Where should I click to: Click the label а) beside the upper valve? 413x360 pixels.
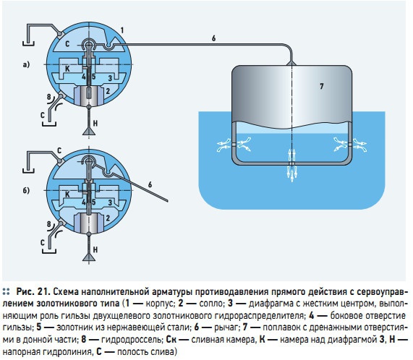(x=26, y=65)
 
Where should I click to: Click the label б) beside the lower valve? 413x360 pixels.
(x=26, y=190)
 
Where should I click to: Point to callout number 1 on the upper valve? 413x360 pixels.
(x=122, y=30)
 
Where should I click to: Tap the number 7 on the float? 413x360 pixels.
(x=322, y=86)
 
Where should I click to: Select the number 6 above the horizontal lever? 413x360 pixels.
(x=213, y=38)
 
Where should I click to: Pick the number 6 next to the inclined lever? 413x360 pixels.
(x=150, y=184)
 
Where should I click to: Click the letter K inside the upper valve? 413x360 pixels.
(x=67, y=69)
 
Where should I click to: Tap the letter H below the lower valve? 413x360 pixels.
(x=95, y=249)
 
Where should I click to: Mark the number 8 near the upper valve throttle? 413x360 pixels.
(x=49, y=97)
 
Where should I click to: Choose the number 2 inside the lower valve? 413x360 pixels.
(x=108, y=218)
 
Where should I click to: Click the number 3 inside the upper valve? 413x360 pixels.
(x=110, y=77)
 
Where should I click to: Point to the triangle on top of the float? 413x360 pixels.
(x=291, y=63)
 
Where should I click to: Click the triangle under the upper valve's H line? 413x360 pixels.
(x=89, y=131)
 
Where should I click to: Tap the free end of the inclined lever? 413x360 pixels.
(x=167, y=201)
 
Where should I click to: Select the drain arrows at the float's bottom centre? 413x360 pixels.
(x=291, y=166)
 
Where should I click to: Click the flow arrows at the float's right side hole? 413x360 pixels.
(x=350, y=145)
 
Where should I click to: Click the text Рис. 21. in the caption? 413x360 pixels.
(x=33, y=292)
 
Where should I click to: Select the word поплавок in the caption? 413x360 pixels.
(x=278, y=327)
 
